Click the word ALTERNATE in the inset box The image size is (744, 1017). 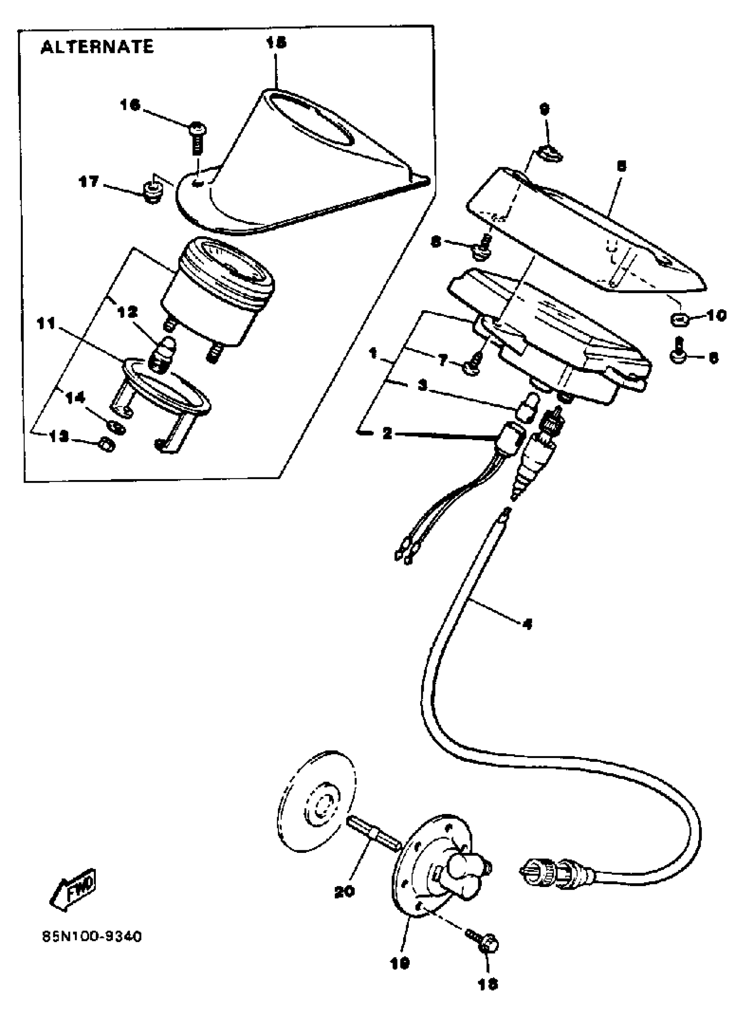97,47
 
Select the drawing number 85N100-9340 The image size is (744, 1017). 92,937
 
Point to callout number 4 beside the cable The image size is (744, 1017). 527,624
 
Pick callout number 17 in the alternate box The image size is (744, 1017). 89,182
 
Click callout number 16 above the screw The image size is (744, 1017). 130,105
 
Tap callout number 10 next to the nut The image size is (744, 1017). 716,316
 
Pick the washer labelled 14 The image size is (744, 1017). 116,425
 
